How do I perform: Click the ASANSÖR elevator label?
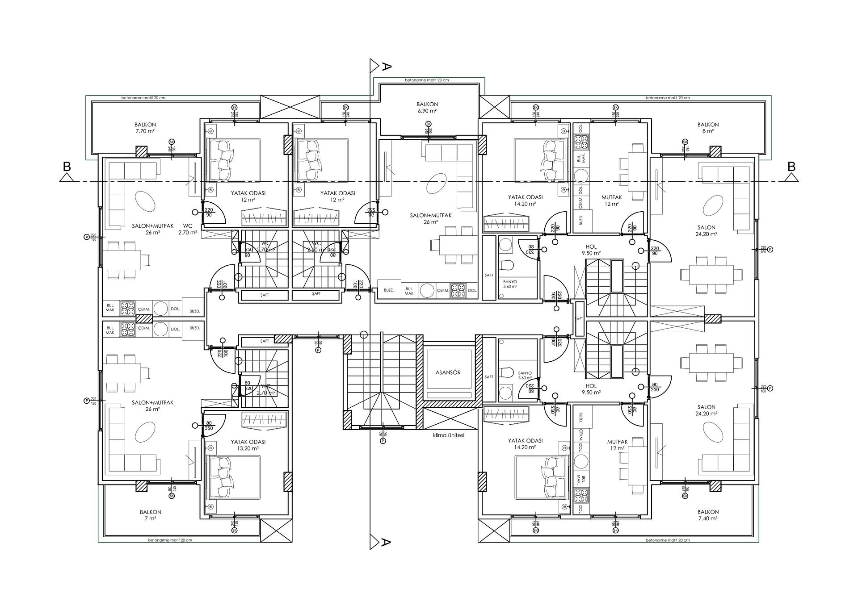pyautogui.click(x=448, y=372)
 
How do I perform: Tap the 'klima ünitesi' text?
pyautogui.click(x=448, y=435)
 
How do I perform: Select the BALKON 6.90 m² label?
pyautogui.click(x=427, y=107)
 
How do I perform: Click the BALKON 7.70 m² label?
pyautogui.click(x=145, y=128)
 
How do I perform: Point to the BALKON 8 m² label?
pyautogui.click(x=708, y=128)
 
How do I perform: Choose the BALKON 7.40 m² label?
pyautogui.click(x=708, y=515)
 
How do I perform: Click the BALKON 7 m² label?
pyautogui.click(x=150, y=515)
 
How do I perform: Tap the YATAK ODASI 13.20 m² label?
pyautogui.click(x=248, y=445)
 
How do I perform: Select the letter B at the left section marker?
pyautogui.click(x=67, y=167)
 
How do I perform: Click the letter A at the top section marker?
pyautogui.click(x=387, y=67)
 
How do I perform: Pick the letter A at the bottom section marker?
pyautogui.click(x=387, y=543)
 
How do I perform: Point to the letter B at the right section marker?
pyautogui.click(x=791, y=167)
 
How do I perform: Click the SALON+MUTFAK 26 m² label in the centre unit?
pyautogui.click(x=431, y=218)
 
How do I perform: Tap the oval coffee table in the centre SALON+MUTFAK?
pyautogui.click(x=436, y=184)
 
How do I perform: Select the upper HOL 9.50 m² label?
pyautogui.click(x=591, y=250)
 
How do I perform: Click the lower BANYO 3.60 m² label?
pyautogui.click(x=525, y=375)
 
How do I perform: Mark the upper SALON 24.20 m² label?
pyautogui.click(x=706, y=230)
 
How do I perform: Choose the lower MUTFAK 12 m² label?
pyautogui.click(x=617, y=445)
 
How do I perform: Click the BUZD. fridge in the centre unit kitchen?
pyautogui.click(x=389, y=290)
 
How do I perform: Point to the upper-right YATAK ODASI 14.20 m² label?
pyautogui.click(x=525, y=200)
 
